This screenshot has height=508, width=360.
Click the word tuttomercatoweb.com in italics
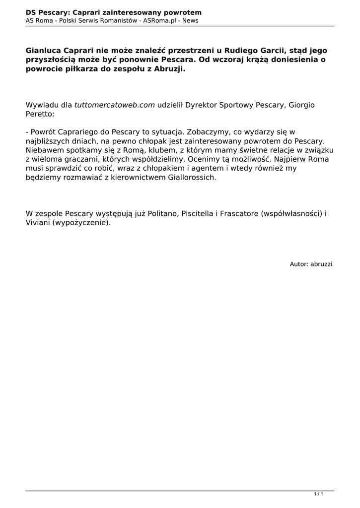115,105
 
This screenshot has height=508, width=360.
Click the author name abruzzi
321,264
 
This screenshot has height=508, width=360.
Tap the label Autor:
299,264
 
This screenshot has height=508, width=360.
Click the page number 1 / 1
319,494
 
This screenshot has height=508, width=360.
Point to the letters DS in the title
31,12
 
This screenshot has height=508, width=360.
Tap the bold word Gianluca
44,51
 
